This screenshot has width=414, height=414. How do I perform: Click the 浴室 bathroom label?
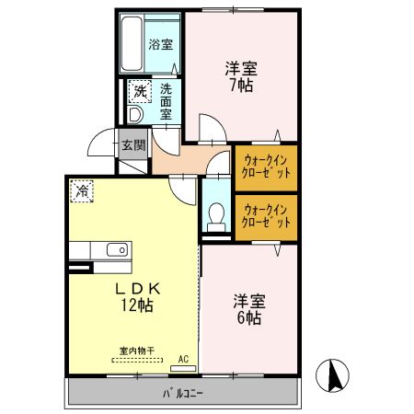pyautogui.click(x=161, y=43)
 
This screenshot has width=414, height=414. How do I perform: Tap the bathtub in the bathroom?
pyautogui.click(x=132, y=43)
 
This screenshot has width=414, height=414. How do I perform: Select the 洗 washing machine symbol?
pyautogui.click(x=139, y=91)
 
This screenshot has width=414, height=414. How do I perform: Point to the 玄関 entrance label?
pyautogui.click(x=133, y=144)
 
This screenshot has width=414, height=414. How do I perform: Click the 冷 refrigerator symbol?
pyautogui.click(x=82, y=191)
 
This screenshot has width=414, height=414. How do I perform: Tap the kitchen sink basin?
pyautogui.click(x=117, y=250)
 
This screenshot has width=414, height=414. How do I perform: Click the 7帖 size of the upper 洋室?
pyautogui.click(x=241, y=86)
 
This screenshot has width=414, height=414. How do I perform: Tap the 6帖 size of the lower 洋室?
pyautogui.click(x=247, y=318)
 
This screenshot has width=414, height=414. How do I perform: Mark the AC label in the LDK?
pyautogui.click(x=182, y=359)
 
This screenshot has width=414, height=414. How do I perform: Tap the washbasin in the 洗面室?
pyautogui.click(x=135, y=116)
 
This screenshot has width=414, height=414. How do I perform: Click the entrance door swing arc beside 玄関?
pyautogui.click(x=103, y=144)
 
